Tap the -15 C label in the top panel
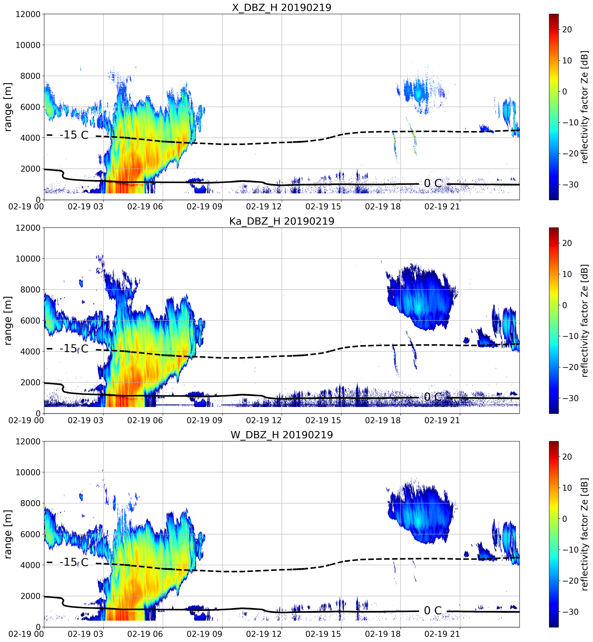74,135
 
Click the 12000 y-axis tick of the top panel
28,14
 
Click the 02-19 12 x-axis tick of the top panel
264,206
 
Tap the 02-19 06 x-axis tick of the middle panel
145,420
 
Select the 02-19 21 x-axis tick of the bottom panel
442,634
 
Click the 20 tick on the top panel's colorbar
567,29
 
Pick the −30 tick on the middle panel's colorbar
570,398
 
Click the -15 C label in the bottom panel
74,562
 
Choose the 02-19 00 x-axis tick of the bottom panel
26,634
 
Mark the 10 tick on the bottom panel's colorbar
567,488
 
